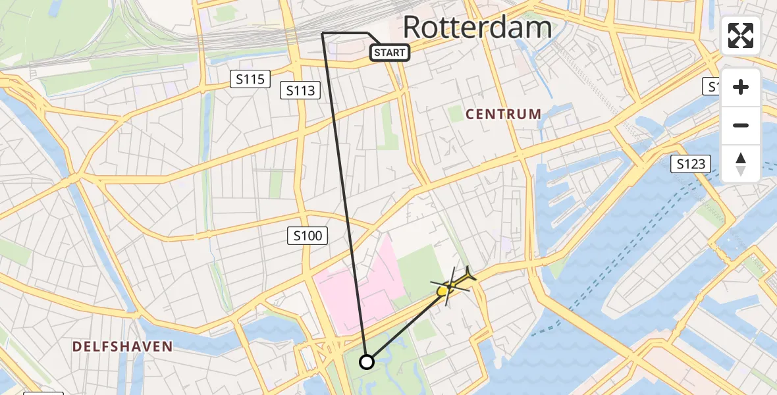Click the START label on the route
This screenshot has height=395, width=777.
coord(390,52)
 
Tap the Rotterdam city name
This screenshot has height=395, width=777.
coord(477,28)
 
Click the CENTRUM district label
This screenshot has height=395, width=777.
coord(503,114)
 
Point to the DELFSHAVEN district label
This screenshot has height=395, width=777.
coord(122,346)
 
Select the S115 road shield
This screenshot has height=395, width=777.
coord(251,80)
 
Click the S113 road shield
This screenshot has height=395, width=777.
coord(300,90)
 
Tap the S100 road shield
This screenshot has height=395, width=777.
coord(308,235)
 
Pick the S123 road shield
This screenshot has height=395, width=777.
coord(691,164)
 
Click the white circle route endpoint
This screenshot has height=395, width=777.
coord(367,361)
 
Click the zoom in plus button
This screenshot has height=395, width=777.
coord(741,87)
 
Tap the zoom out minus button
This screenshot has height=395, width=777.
coord(741,125)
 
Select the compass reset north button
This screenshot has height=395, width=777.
coord(741,163)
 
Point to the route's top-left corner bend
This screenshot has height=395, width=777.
coord(322,33)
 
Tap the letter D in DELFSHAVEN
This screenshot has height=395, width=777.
coord(77,346)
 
